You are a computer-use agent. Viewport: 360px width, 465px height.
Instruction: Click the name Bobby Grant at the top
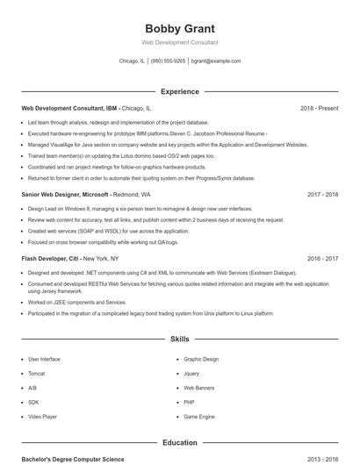179,28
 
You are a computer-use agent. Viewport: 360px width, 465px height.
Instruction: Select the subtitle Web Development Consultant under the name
179,42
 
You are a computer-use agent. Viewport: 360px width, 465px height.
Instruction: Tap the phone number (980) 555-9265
169,61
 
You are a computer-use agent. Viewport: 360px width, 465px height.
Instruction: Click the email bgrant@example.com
216,61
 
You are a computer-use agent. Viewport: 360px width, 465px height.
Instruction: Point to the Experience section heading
179,91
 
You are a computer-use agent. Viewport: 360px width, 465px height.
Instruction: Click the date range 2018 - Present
319,108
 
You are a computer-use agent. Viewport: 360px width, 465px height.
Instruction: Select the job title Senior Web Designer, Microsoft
66,194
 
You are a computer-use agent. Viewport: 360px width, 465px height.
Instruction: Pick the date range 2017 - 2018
323,194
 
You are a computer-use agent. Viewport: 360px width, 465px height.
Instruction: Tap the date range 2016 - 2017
323,259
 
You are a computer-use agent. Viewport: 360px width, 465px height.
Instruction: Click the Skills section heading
179,339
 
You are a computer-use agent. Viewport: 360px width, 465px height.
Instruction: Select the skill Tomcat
37,373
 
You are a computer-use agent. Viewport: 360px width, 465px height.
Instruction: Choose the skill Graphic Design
201,359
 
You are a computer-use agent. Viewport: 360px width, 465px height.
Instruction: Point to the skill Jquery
191,373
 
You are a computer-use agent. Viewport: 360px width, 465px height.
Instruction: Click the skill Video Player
41,416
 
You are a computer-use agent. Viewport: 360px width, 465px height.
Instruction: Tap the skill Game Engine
198,416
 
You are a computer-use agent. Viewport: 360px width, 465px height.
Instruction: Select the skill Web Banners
198,387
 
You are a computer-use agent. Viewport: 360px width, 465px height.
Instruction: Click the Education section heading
179,443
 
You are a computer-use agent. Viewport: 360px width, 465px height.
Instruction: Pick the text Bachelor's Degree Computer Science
73,459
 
